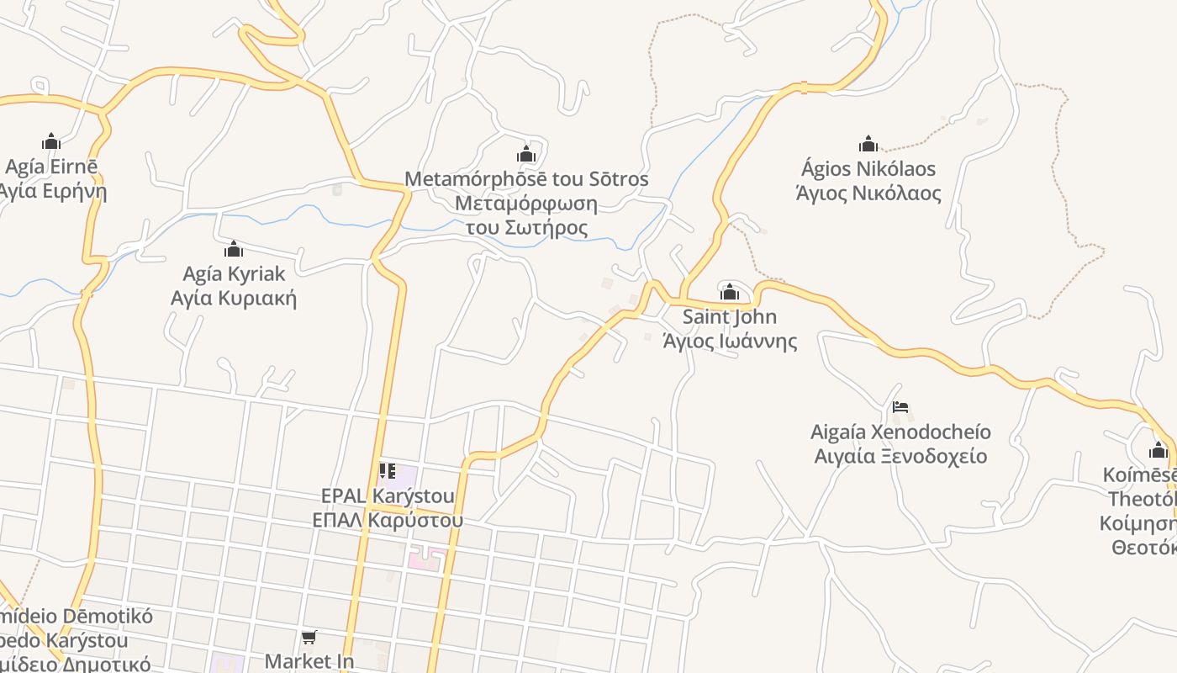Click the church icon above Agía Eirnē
51,140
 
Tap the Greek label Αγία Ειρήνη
53,191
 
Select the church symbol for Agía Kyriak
234,249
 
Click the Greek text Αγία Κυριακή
234,299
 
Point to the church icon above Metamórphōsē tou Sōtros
526,154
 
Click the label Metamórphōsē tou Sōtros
526,179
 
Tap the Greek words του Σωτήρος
526,228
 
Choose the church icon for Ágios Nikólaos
868,144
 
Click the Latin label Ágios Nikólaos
868,168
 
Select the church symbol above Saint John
730,292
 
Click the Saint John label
730,317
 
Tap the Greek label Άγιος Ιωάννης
730,342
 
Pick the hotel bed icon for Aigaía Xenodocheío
900,407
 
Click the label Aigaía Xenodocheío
900,432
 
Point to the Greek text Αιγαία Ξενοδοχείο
900,457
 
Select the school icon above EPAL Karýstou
388,470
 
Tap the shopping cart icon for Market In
309,637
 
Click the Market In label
309,661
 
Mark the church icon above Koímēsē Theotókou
1159,450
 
